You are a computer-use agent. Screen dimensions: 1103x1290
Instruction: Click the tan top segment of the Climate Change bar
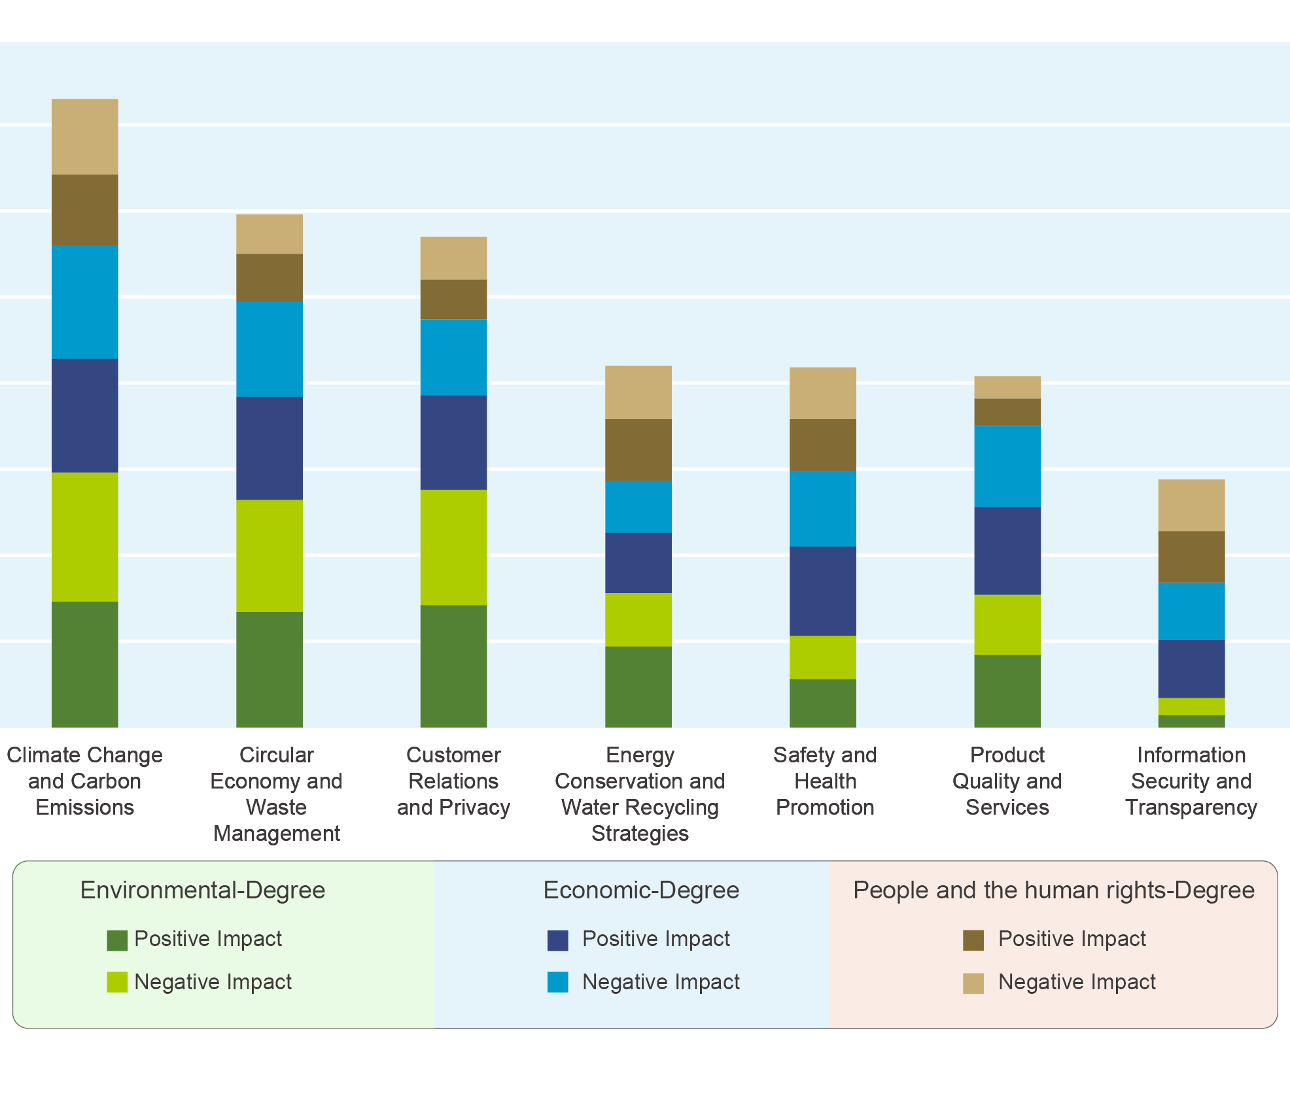(85, 137)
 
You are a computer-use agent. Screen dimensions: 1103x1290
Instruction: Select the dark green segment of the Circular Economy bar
(270, 669)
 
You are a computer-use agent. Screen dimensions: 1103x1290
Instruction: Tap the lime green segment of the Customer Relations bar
(453, 547)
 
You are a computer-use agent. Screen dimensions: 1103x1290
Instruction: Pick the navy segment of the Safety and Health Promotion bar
(823, 591)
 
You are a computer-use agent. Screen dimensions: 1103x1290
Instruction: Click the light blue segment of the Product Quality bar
(1007, 466)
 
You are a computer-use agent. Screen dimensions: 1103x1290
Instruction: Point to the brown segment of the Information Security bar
(1191, 556)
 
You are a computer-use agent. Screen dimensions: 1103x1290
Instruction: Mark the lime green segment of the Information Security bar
(1191, 706)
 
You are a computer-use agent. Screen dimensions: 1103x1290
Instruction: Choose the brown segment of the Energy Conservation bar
(638, 450)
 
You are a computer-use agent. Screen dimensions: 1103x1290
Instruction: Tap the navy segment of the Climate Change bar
(85, 415)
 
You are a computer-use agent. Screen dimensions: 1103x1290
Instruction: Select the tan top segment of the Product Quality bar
(1007, 387)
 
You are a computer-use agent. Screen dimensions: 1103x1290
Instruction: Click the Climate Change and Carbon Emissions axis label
(85, 781)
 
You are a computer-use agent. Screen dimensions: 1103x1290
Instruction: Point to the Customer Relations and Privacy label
(453, 781)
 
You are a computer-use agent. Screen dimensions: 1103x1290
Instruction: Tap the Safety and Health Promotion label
(825, 781)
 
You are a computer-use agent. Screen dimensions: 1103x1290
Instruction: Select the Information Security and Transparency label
(1191, 781)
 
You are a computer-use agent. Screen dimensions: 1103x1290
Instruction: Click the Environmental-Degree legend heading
(203, 890)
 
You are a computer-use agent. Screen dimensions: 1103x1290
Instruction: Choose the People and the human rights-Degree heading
(1054, 890)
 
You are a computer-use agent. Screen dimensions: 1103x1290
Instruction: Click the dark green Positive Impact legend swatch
(117, 940)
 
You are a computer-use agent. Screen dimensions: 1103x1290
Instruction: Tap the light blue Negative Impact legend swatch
(558, 982)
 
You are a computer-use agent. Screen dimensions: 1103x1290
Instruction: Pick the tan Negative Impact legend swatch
(973, 983)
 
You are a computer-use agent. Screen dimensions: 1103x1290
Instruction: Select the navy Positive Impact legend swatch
(558, 940)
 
